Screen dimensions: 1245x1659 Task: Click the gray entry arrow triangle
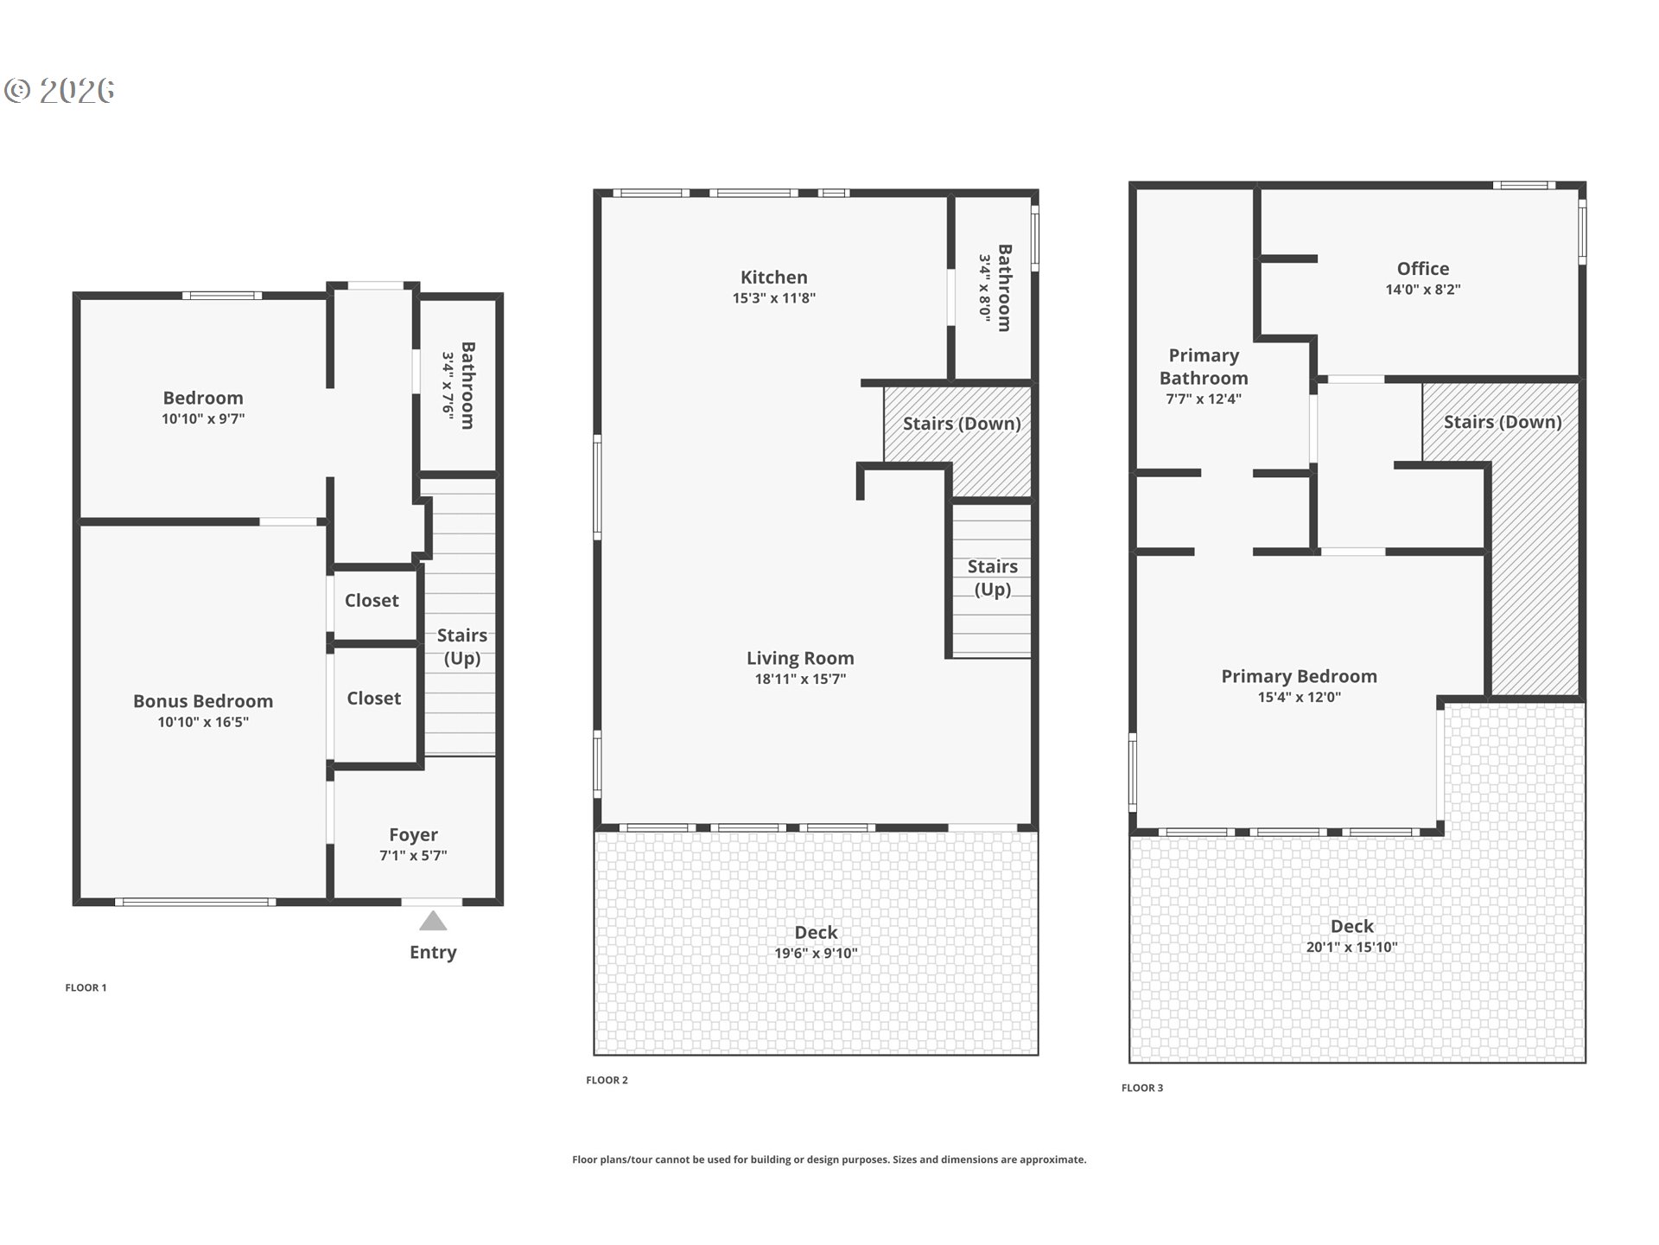click(433, 922)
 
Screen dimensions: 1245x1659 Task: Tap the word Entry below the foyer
click(433, 952)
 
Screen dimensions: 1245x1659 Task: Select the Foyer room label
click(413, 834)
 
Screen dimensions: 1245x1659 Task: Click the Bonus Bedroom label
click(203, 701)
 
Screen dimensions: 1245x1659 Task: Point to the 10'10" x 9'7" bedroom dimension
click(203, 419)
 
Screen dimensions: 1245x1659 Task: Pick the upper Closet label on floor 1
click(372, 600)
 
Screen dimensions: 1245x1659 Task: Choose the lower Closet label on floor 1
click(373, 698)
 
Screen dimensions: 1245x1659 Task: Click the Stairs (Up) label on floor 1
click(462, 647)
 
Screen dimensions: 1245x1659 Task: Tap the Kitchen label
click(773, 278)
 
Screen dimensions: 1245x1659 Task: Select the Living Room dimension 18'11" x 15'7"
click(800, 680)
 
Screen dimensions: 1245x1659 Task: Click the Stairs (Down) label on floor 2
click(962, 424)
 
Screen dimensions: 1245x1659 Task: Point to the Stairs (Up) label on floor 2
click(992, 578)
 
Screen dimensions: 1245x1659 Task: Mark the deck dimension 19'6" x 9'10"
click(816, 954)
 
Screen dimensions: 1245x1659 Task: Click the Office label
click(1422, 269)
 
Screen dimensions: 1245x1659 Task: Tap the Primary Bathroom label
click(1204, 367)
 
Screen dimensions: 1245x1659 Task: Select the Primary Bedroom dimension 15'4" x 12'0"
click(1299, 698)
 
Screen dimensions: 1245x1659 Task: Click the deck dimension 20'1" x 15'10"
click(1351, 948)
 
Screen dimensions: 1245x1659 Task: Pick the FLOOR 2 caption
click(607, 1080)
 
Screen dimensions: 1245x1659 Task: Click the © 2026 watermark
click(60, 90)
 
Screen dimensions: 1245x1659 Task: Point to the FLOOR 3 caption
click(1142, 1088)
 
